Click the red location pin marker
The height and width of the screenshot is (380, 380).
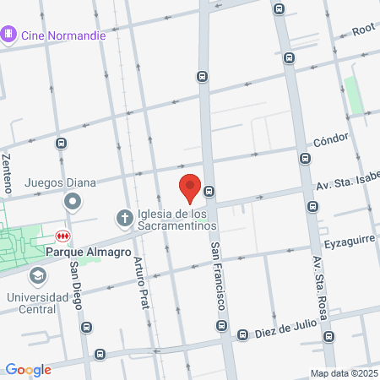pos(190,187)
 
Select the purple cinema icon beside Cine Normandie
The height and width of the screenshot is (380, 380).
pos(10,35)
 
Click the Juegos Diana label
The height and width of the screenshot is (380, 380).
pos(60,182)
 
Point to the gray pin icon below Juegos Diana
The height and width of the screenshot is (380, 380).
pos(73,201)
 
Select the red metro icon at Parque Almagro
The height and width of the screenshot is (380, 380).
pos(62,236)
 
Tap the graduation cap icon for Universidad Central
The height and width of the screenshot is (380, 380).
pos(37,275)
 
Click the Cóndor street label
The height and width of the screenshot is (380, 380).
pos(331,142)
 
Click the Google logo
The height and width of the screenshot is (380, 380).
pos(28,369)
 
